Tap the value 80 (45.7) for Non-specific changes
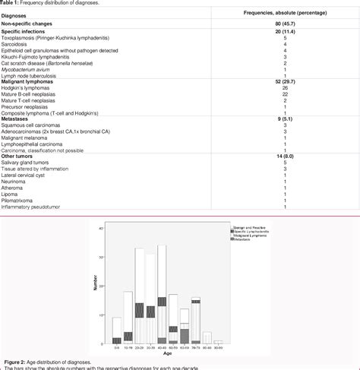click(x=284, y=24)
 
